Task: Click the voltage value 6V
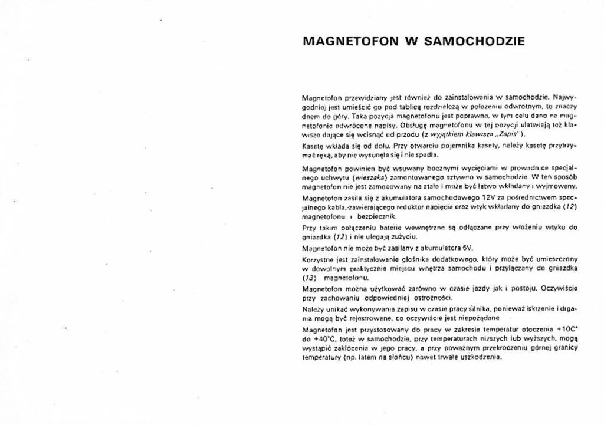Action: coord(467,248)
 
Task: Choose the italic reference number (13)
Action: coord(308,276)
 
